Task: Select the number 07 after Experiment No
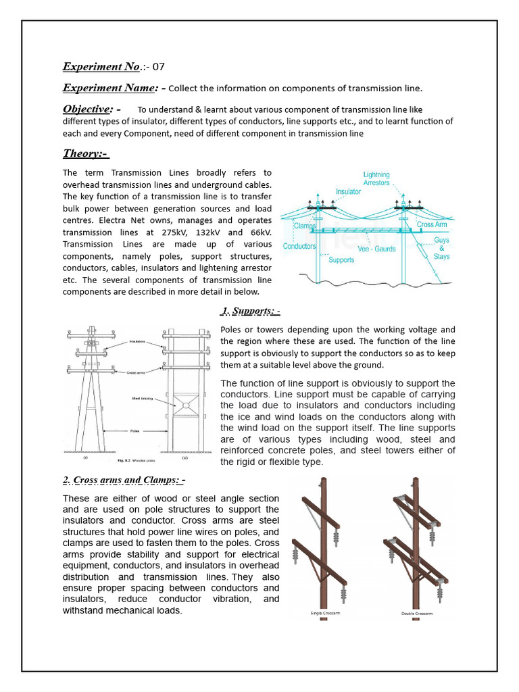pyautogui.click(x=157, y=67)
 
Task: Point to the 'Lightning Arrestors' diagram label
pyautogui.click(x=376, y=179)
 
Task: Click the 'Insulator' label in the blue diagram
pyautogui.click(x=349, y=192)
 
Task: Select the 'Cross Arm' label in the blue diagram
pyautogui.click(x=432, y=224)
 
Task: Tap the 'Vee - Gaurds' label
pyautogui.click(x=376, y=249)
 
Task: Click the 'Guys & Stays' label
pyautogui.click(x=441, y=248)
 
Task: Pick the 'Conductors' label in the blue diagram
pyautogui.click(x=299, y=246)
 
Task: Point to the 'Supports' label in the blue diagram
pyautogui.click(x=342, y=259)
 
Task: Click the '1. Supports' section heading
pyautogui.click(x=250, y=312)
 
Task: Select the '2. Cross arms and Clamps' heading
pyautogui.click(x=124, y=480)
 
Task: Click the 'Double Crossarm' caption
pyautogui.click(x=416, y=614)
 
